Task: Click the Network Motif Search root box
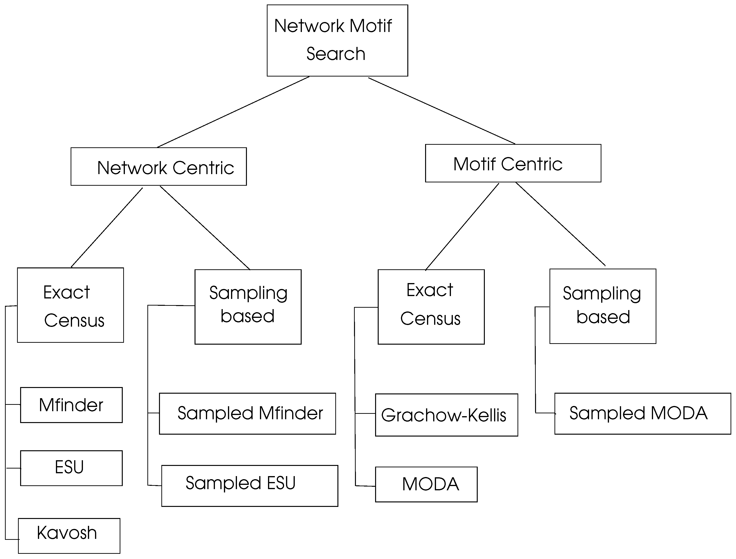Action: tap(337, 40)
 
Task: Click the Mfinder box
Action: tap(71, 405)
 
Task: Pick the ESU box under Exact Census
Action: tap(71, 468)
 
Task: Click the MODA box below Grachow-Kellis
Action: tap(426, 484)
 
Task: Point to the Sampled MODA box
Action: tap(642, 414)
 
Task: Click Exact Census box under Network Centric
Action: tap(70, 305)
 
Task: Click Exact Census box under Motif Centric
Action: tap(431, 307)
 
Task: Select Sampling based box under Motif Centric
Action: tap(603, 306)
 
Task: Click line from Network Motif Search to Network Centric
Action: tap(233, 112)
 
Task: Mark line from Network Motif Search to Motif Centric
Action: tap(441, 111)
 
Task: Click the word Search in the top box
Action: tap(336, 54)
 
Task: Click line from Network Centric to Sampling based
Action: tap(205, 228)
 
